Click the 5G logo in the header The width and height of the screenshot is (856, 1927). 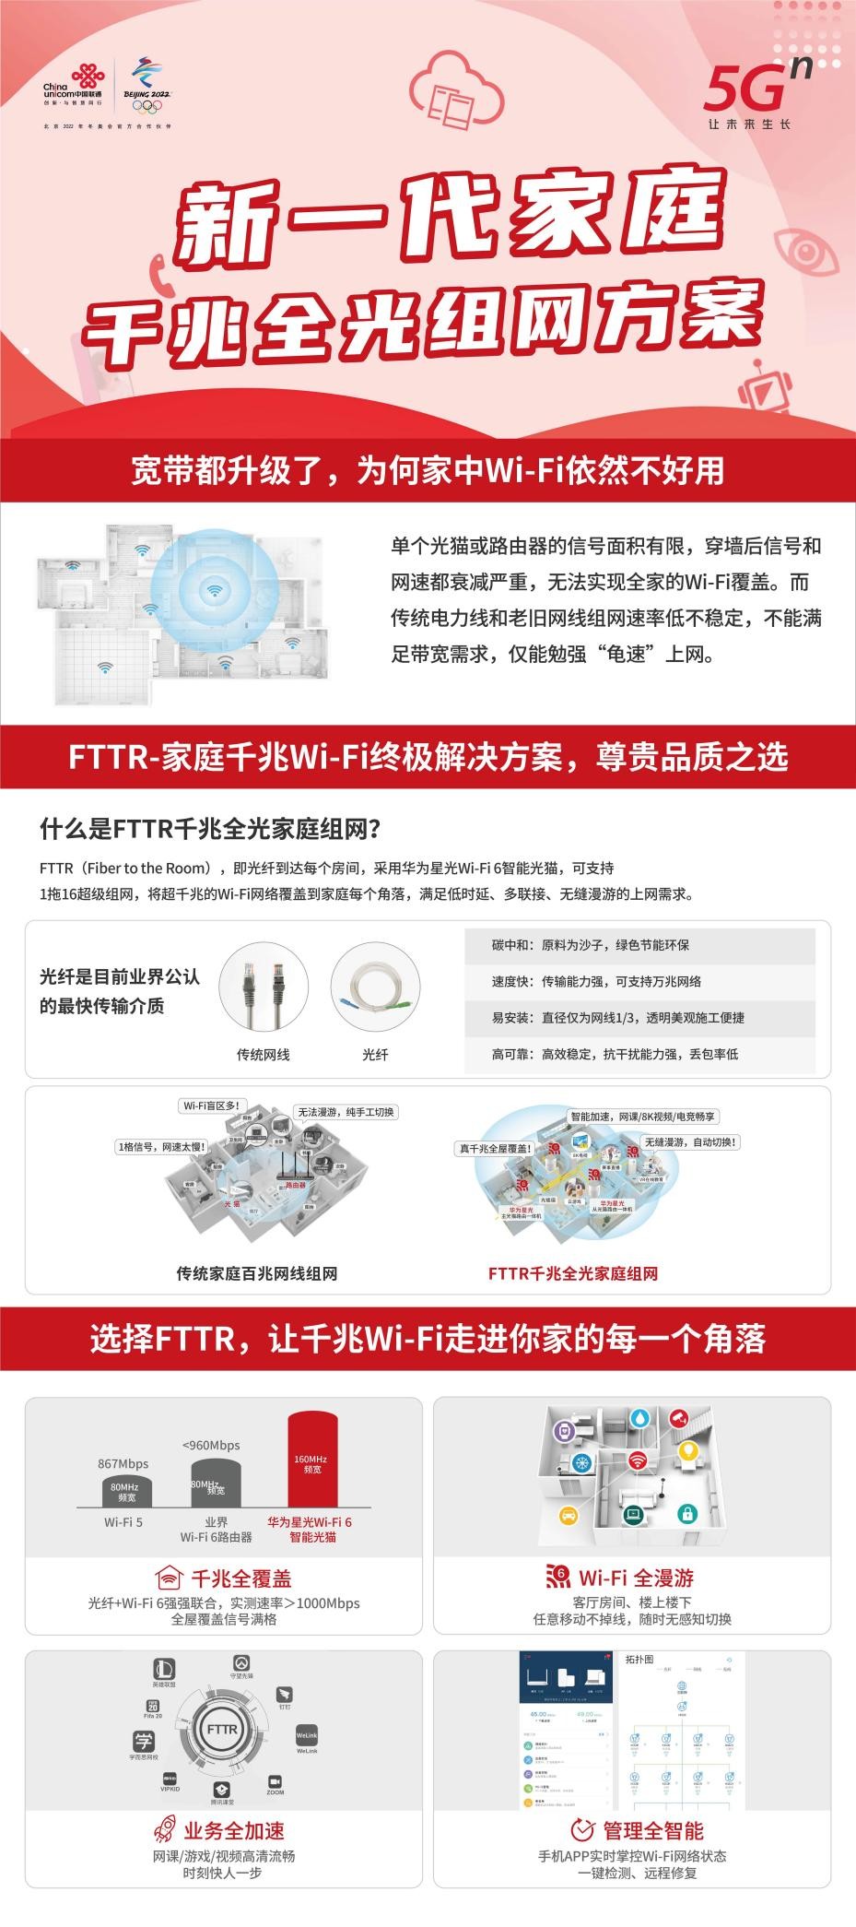(756, 92)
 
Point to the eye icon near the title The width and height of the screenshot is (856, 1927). (805, 250)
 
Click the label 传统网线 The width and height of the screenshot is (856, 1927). (263, 1054)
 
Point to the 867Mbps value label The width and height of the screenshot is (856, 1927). (123, 1463)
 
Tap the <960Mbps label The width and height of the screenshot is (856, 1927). (211, 1445)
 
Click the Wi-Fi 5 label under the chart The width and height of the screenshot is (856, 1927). (123, 1522)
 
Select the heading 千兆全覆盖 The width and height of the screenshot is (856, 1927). (240, 1578)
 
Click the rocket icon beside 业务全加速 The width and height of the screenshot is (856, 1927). (165, 1830)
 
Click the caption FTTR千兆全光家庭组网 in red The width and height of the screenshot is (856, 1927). (572, 1273)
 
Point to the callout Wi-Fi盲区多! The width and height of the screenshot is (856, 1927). (212, 1105)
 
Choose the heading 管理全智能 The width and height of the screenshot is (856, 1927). (652, 1830)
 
